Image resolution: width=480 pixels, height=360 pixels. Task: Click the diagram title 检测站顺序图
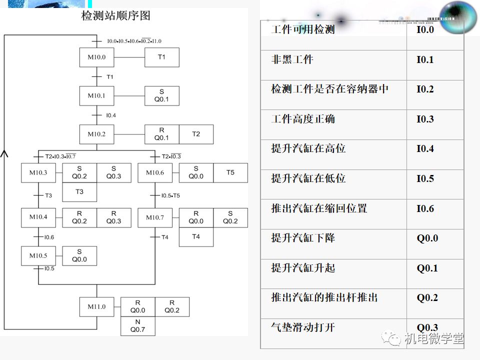pos(116,15)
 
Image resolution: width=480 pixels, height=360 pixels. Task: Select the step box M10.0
pos(96,57)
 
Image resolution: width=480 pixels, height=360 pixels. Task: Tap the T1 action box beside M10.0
pos(161,57)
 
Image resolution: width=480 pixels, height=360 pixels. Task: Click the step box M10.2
pos(96,134)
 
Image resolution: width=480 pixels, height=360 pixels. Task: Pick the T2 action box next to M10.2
pos(196,134)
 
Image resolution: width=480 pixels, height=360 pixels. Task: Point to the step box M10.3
pos(38,172)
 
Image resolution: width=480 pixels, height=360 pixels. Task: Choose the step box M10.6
pos(155,172)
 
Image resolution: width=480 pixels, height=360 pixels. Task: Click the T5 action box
pos(230,172)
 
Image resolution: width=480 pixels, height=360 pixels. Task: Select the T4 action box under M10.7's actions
pos(196,236)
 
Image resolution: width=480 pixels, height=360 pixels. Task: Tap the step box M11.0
pos(96,306)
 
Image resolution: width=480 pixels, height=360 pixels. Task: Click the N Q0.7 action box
pos(137,326)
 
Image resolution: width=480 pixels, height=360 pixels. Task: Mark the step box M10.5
pos(38,255)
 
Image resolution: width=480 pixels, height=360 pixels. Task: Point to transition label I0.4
pos(111,115)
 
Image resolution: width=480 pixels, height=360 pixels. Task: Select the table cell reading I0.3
pos(425,119)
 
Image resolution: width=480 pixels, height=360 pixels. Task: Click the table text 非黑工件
pos(292,59)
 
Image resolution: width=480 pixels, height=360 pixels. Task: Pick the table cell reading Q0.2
pos(427,298)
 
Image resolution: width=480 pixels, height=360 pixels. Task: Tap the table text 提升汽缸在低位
pos(308,178)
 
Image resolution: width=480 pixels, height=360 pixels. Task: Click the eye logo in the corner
pos(452,17)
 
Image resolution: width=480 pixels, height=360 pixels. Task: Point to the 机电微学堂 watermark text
pos(433,338)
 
